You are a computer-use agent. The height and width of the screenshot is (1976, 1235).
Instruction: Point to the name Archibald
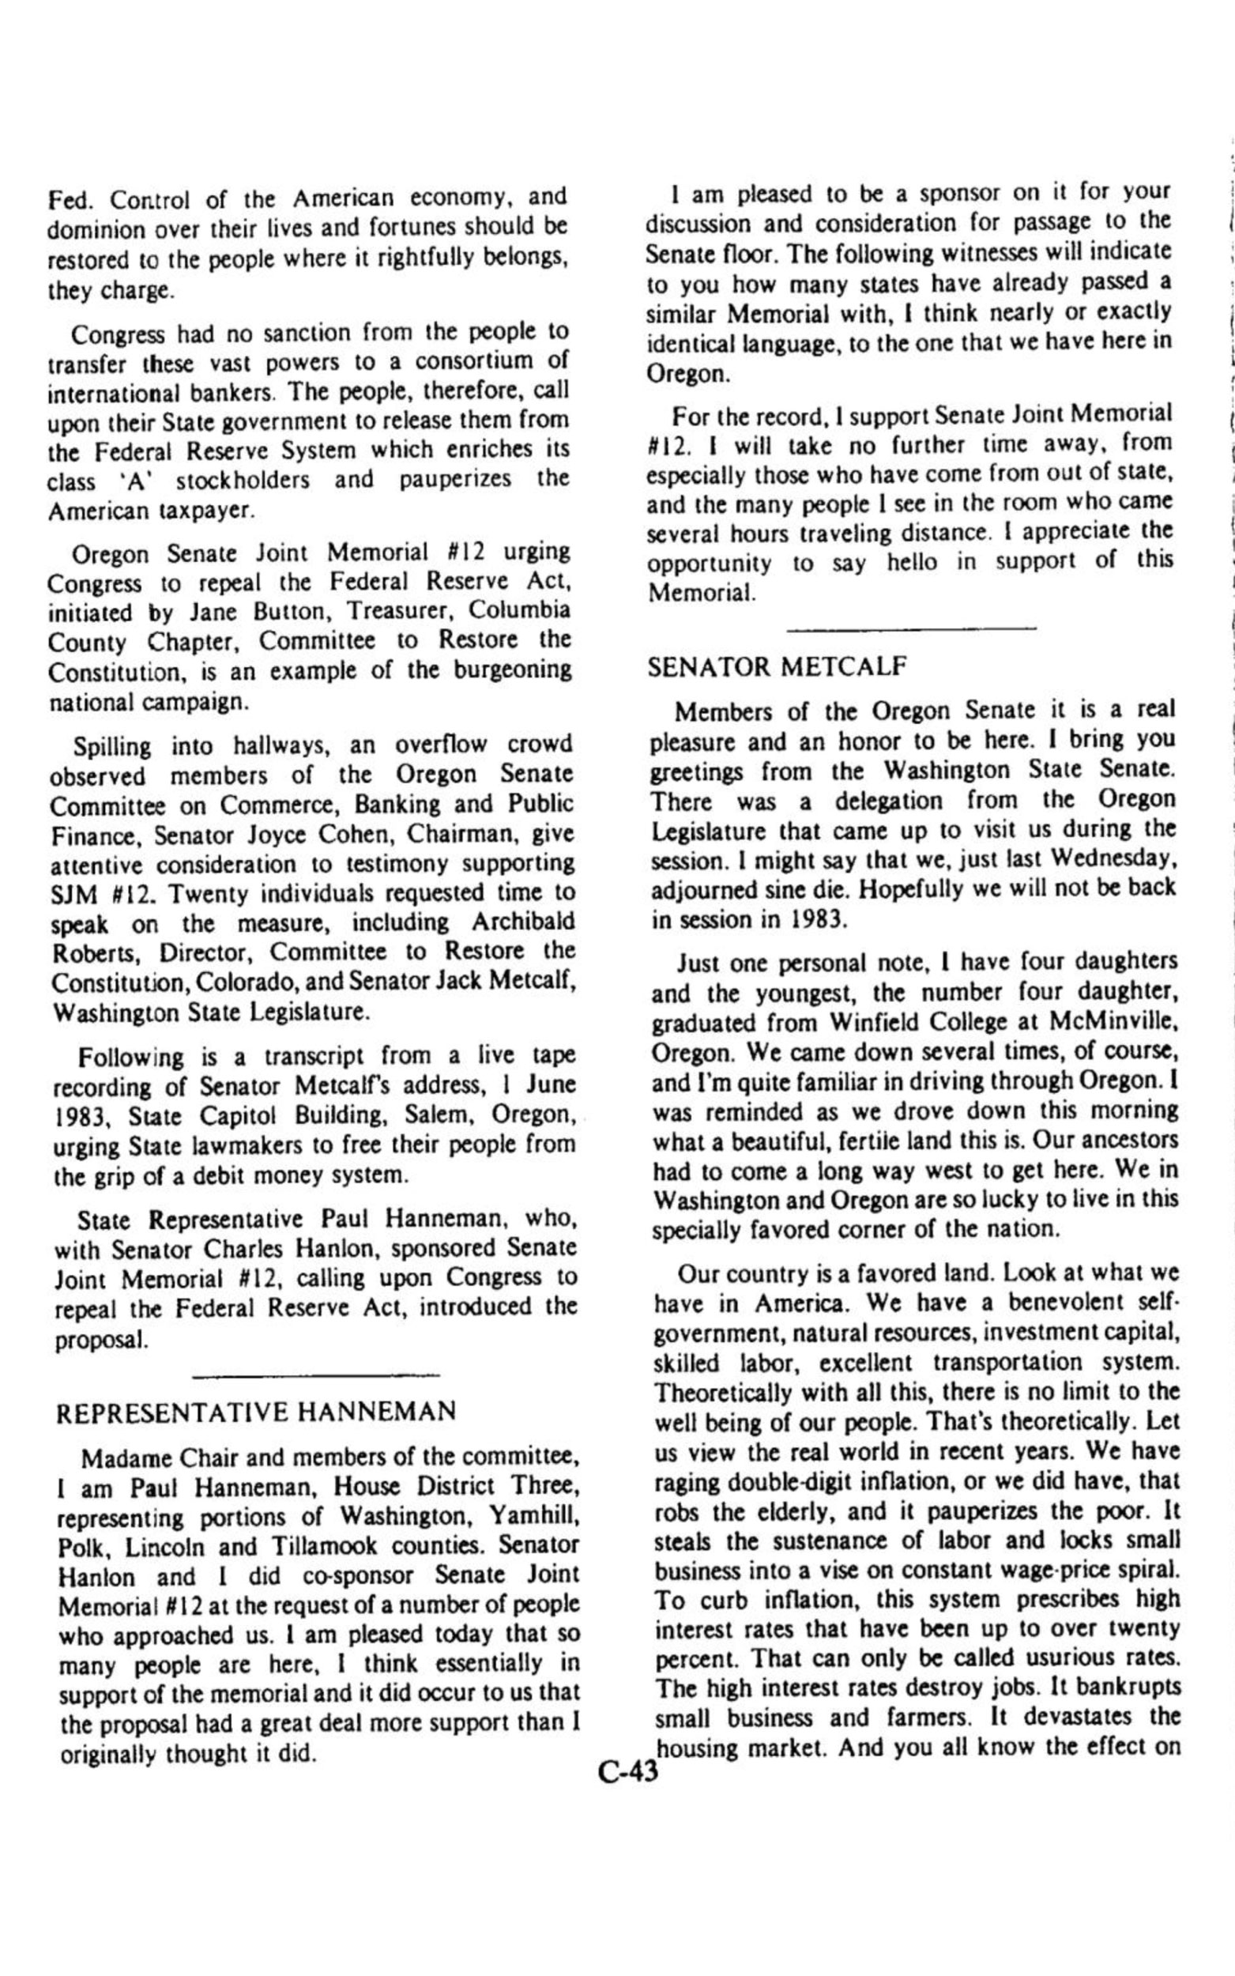[523, 922]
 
